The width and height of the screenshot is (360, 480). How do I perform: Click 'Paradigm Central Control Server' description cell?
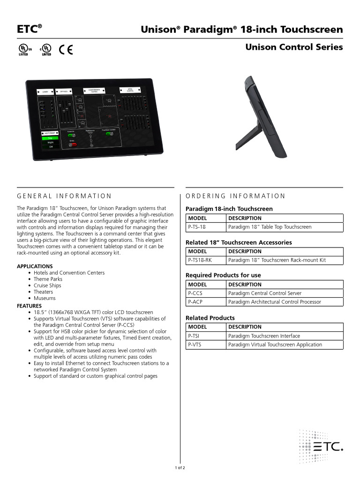click(x=265, y=293)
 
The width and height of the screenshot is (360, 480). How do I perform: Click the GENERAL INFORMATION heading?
click(x=64, y=196)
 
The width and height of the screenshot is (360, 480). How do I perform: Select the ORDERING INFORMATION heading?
click(x=235, y=196)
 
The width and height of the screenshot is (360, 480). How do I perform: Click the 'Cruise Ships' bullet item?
click(x=47, y=285)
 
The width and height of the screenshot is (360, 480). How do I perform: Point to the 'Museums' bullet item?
click(x=45, y=298)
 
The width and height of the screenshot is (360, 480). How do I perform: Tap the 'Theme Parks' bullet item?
click(x=48, y=279)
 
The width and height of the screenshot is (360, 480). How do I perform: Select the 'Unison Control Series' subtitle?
click(x=294, y=47)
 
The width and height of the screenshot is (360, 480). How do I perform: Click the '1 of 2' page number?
click(x=180, y=468)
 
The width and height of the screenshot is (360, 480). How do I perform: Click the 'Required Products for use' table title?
click(x=223, y=275)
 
